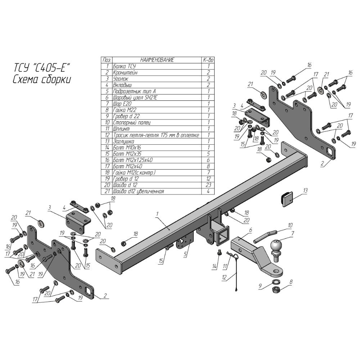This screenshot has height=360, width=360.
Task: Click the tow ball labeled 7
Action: [x=276, y=248]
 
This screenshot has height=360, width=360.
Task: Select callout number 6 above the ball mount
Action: [x=251, y=229]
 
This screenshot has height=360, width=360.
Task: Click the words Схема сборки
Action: [x=41, y=80]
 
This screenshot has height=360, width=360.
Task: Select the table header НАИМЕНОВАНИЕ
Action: [x=157, y=60]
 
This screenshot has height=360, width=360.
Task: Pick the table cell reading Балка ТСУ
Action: [x=125, y=66]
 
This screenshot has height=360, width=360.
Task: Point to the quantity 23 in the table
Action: [x=208, y=185]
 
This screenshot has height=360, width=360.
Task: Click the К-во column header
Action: [x=208, y=60]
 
